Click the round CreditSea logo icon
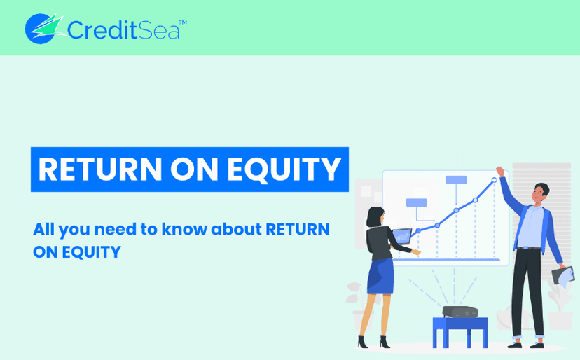tap(41, 29)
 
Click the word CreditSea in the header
tap(123, 29)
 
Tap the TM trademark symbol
tap(183, 22)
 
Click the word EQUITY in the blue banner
tap(284, 169)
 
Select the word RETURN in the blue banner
tap(100, 169)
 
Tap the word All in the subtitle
tap(44, 229)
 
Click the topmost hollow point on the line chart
tap(494, 180)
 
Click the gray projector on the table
tap(460, 312)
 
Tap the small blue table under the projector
tap(460, 332)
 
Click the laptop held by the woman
tap(402, 236)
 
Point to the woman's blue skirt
tap(380, 276)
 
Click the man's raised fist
tap(499, 172)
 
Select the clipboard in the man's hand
tap(563, 276)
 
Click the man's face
tap(539, 194)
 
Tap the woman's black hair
tap(374, 216)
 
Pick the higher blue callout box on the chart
tap(456, 180)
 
